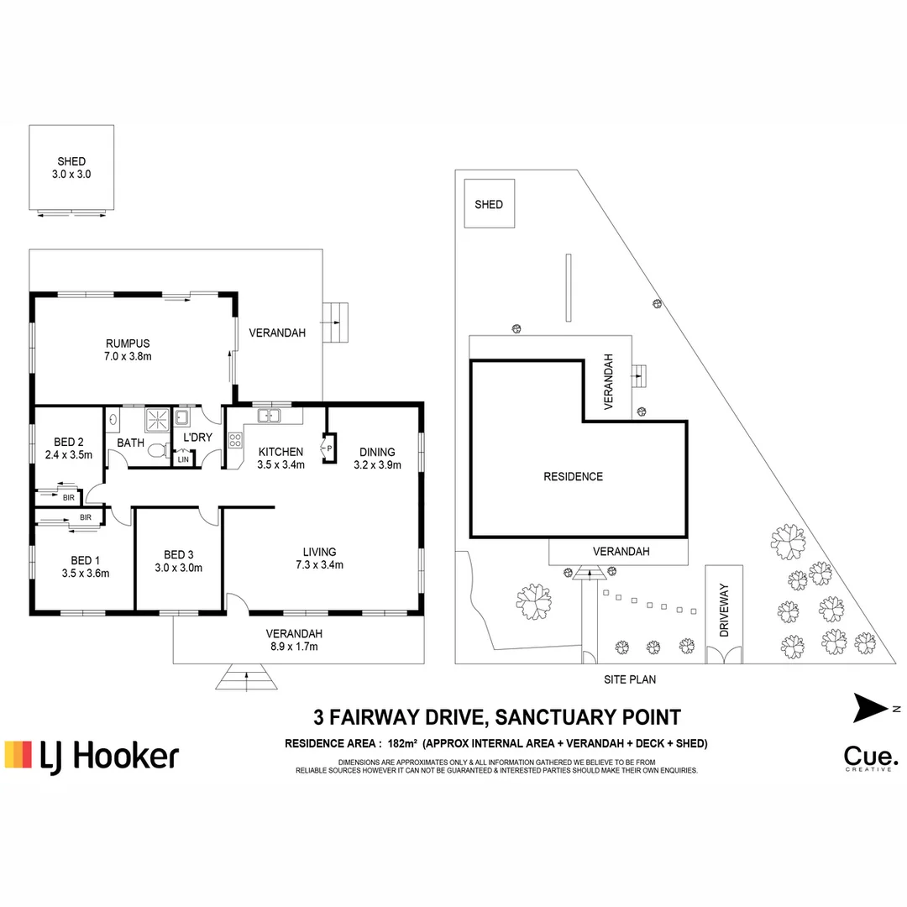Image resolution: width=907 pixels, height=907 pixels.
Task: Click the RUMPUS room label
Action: tap(128, 343)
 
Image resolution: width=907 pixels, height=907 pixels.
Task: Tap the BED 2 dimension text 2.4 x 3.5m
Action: tap(68, 455)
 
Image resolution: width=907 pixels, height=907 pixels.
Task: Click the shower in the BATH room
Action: tap(157, 418)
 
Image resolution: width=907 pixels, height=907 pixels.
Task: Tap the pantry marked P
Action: tap(329, 448)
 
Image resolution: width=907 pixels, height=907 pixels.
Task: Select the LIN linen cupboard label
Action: tap(183, 459)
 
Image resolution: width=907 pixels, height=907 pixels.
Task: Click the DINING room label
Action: tap(376, 452)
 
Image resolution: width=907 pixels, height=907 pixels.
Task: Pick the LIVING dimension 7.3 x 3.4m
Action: tap(323, 565)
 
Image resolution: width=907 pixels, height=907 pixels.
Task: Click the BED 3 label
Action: tap(178, 554)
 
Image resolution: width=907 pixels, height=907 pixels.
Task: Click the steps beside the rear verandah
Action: tap(336, 321)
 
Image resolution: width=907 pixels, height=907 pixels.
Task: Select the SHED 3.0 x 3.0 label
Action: tap(71, 168)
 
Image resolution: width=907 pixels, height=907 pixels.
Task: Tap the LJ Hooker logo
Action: tap(92, 755)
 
